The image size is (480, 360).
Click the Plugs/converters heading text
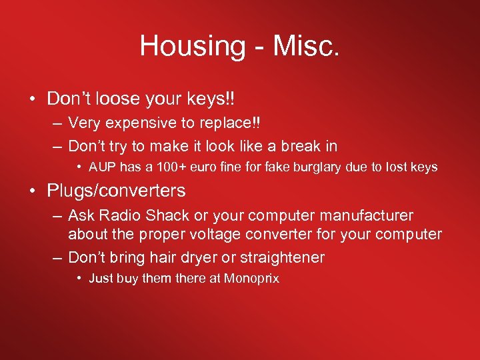click(x=116, y=191)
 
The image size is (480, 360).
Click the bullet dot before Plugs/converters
click(x=33, y=191)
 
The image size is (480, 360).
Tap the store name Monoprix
click(x=251, y=278)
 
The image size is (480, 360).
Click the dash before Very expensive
click(x=57, y=123)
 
